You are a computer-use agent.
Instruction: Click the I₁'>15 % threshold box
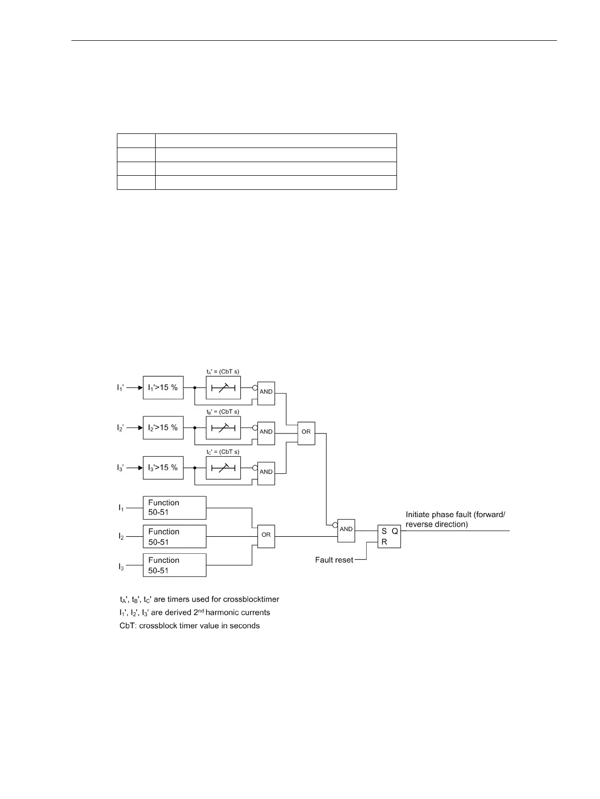pos(163,388)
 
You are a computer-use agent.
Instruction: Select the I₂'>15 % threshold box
pos(163,427)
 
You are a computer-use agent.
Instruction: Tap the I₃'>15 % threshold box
pos(163,468)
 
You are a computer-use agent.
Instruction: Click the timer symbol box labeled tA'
pos(223,388)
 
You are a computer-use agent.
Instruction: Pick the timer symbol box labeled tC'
pos(223,468)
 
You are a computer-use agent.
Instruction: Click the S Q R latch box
pos(389,536)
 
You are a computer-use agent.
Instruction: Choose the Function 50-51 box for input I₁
pos(174,507)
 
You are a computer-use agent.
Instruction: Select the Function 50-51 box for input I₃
pos(174,565)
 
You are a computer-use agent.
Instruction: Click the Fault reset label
pos(334,560)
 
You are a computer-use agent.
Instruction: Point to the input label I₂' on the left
pos(120,428)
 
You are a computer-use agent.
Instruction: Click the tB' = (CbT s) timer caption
pos(223,411)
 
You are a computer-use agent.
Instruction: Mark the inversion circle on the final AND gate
pos(335,525)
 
